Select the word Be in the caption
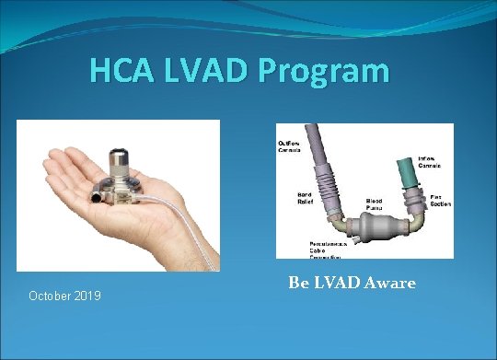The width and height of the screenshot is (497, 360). click(299, 283)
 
